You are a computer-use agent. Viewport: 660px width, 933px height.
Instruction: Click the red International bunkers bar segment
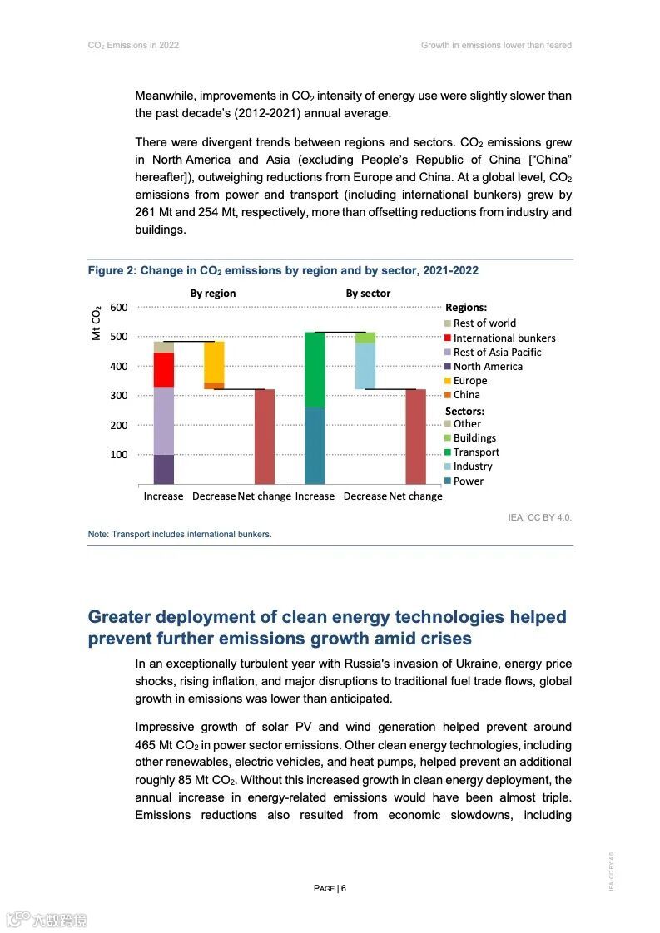pos(164,369)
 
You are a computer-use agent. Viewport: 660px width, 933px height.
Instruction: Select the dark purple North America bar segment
pos(164,469)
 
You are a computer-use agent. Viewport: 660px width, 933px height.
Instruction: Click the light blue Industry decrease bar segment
pos(365,366)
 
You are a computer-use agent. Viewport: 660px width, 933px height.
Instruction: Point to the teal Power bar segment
pos(315,446)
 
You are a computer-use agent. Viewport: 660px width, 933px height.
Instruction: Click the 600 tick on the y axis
pos(119,308)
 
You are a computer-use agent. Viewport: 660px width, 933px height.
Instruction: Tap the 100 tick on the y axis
pos(119,455)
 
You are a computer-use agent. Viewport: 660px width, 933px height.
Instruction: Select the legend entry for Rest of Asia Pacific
pos(497,353)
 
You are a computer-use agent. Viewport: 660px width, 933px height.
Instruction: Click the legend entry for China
pos(466,395)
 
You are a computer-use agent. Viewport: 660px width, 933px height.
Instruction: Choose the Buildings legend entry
pos(474,438)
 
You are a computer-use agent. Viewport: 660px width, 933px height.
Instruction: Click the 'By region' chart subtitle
pos(213,294)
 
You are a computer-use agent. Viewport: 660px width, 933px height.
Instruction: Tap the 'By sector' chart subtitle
pos(368,294)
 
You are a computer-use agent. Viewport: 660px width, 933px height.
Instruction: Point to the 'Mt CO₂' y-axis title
pos(96,323)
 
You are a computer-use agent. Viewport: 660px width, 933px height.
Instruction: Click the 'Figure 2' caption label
pos(111,271)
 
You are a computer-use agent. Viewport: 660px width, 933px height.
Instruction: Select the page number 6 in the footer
pos(343,888)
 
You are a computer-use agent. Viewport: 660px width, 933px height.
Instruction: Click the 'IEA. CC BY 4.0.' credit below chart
pos(540,517)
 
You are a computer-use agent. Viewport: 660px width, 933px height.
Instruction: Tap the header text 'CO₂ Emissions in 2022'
pos(133,45)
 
